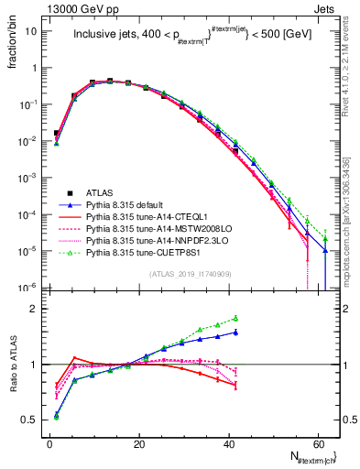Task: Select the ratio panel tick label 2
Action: click(36, 309)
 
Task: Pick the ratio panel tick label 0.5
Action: click(32, 420)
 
